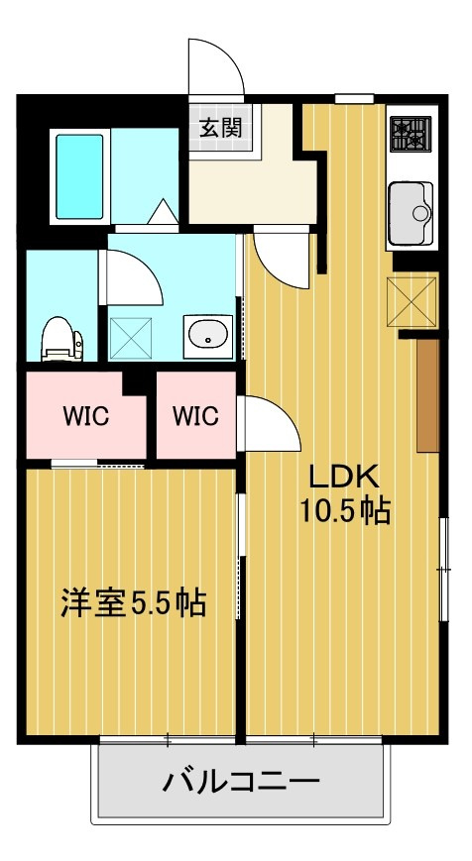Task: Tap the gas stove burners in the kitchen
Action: point(411,135)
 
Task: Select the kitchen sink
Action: point(411,214)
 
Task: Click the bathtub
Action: point(80,177)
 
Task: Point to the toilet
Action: point(61,339)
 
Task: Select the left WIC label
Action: point(85,416)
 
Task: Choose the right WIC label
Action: point(195,416)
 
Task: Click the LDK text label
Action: point(344,478)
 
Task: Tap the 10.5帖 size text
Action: point(344,512)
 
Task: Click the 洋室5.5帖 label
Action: point(134,603)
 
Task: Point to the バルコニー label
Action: point(241,781)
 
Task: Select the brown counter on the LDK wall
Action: point(427,396)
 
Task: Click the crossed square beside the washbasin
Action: point(131,338)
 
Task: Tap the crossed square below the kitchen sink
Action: point(412,302)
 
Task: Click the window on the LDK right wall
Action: point(443,569)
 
